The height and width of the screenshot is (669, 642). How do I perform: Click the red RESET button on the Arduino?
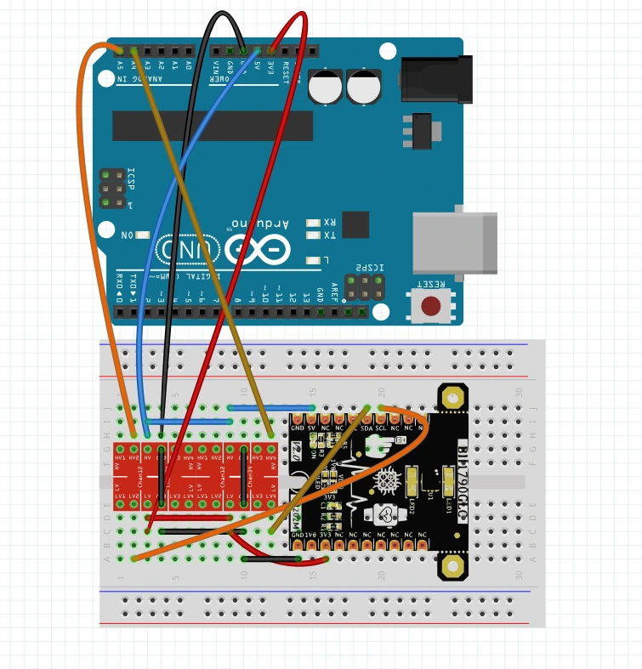tap(431, 305)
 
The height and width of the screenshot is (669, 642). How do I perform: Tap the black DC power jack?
tap(435, 76)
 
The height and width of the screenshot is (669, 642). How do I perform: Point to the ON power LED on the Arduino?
tap(142, 235)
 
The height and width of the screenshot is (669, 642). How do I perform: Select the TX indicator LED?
tap(314, 235)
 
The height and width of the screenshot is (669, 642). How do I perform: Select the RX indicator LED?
tap(314, 223)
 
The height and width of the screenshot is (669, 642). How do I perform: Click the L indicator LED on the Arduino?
tap(314, 260)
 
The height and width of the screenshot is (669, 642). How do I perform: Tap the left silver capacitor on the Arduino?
tap(326, 87)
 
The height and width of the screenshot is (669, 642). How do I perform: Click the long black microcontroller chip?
tap(213, 125)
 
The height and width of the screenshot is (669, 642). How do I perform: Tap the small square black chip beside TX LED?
tap(356, 224)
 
